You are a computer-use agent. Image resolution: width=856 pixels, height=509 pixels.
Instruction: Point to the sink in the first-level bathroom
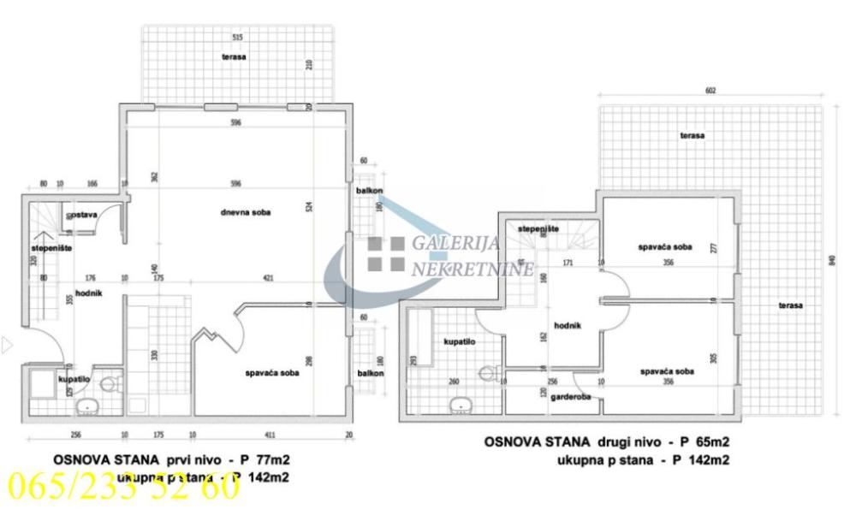pos(87,405)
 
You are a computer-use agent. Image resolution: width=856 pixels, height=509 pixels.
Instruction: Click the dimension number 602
pos(710,91)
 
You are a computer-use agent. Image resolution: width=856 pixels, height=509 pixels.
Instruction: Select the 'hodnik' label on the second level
pos(544,326)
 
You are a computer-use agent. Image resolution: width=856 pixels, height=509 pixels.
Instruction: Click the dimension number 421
pos(269,278)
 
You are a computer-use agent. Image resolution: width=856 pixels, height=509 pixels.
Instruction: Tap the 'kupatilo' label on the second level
pos(459,341)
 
